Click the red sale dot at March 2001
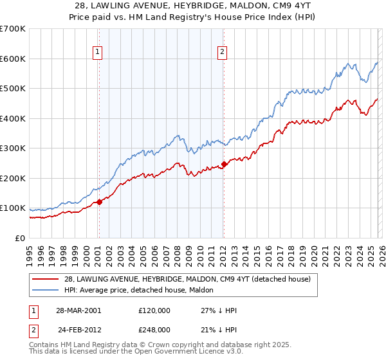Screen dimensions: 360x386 (100, 202)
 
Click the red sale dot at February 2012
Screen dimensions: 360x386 (224, 164)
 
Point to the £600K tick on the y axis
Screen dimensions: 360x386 (13, 59)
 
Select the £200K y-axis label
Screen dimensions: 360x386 (13, 178)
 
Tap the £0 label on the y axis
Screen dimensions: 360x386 (19, 238)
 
